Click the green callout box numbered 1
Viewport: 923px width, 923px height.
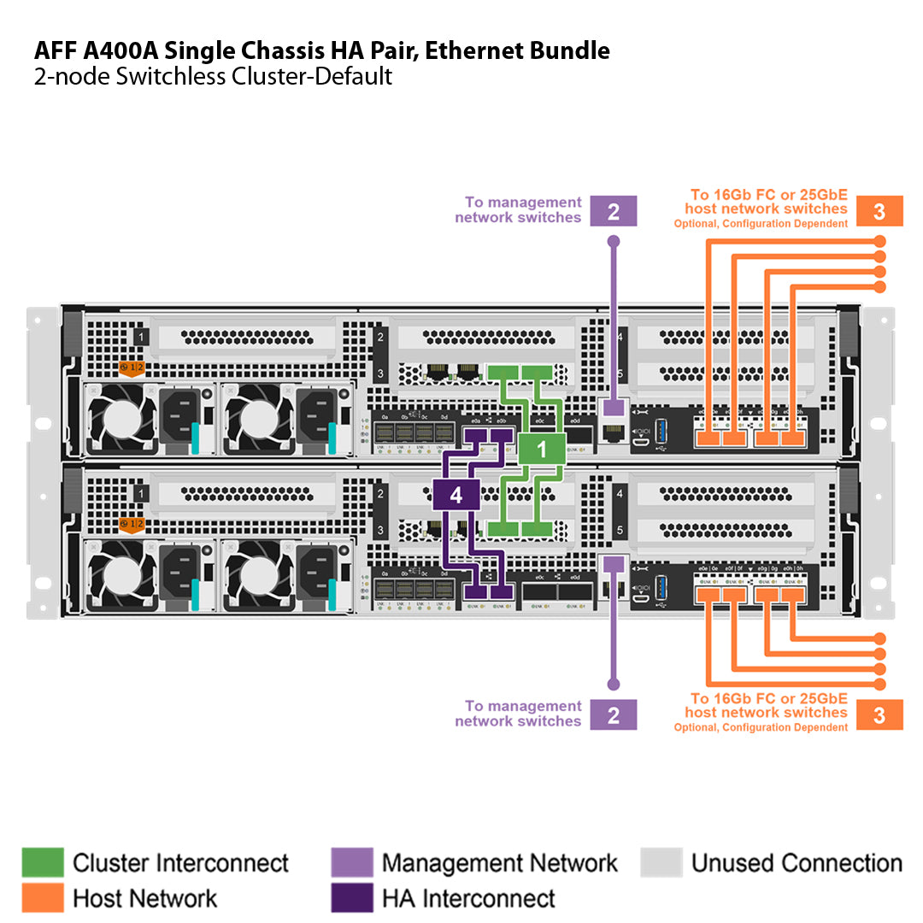point(541,449)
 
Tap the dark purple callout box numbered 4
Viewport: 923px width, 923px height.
point(456,494)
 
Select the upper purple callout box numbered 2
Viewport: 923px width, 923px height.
point(614,211)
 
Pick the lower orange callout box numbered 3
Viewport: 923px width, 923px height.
point(879,714)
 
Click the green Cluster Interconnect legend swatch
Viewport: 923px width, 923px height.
point(42,863)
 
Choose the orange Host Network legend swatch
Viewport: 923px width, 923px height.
point(42,898)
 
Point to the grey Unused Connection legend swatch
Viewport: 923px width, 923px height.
point(661,863)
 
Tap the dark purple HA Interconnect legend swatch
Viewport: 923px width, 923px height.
point(352,898)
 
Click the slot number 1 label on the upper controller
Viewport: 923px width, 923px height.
point(141,338)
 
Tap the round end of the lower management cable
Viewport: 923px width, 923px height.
point(613,684)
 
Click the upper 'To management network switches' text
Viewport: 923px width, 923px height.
point(518,210)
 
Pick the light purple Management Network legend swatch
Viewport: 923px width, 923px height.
point(352,863)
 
